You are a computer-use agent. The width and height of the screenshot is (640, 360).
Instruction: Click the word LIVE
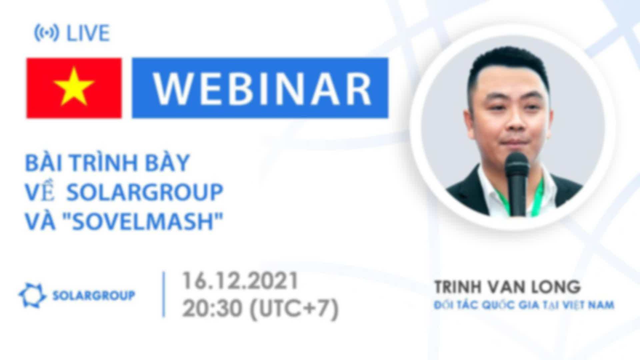tap(88, 33)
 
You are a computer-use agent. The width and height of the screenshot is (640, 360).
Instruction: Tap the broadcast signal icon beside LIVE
tap(47, 33)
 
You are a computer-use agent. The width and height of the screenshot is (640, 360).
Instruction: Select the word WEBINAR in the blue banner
tap(262, 88)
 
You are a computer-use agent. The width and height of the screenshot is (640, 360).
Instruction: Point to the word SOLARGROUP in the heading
tap(145, 192)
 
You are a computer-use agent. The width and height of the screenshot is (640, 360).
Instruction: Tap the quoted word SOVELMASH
tap(143, 221)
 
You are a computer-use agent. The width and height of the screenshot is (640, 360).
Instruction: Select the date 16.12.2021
tap(240, 281)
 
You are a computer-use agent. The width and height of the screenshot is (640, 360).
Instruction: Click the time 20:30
tap(212, 308)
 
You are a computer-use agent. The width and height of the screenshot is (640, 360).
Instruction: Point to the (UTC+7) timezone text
tap(294, 309)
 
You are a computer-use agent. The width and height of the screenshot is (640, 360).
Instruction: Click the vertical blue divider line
tap(164, 295)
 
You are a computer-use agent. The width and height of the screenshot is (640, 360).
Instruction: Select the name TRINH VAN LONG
tap(507, 287)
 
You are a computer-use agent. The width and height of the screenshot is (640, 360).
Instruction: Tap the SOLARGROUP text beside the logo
tap(94, 295)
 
